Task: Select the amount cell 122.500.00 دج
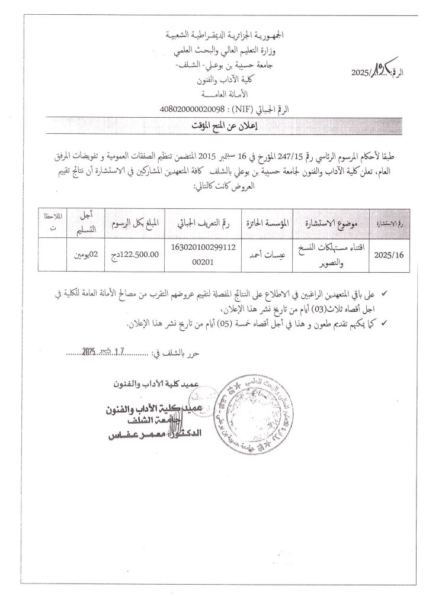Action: tap(136, 256)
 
